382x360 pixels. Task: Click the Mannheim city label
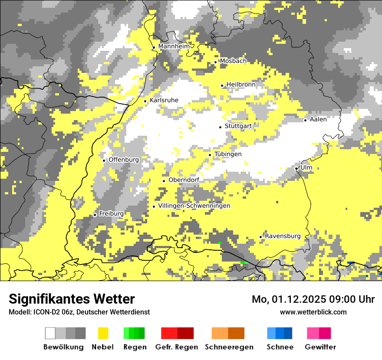[x=174, y=46]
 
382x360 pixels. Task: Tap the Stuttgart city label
[x=238, y=126]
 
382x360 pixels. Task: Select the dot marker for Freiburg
[x=95, y=215]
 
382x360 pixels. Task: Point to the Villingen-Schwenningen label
[x=194, y=206]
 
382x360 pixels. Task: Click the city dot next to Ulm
[x=296, y=168]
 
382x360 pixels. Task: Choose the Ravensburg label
[x=283, y=236]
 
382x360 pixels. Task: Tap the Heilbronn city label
[x=241, y=85]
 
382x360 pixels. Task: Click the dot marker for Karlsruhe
[x=145, y=101]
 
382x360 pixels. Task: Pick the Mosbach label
[x=233, y=61]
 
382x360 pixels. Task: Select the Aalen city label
[x=318, y=119]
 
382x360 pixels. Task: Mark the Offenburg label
[x=124, y=160]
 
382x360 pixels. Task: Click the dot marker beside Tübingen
[x=210, y=155]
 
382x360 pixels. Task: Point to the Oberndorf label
[x=184, y=180]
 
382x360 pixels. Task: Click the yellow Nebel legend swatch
[x=103, y=333]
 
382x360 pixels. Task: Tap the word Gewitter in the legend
[x=320, y=347]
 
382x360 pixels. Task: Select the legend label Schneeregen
[x=229, y=347]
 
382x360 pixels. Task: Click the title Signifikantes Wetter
[x=72, y=299]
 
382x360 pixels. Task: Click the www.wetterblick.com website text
[x=313, y=312]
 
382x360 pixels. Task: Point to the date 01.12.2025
[x=295, y=299]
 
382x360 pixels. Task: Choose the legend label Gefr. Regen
[x=177, y=347]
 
